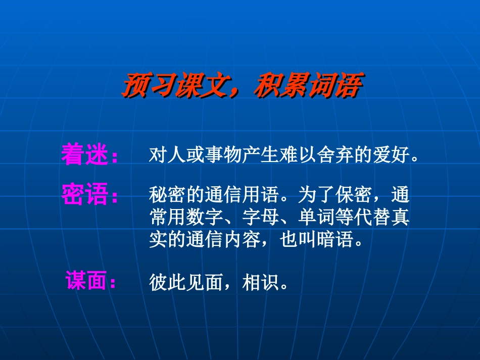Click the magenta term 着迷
coord(84,153)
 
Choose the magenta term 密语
coord(84,194)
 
